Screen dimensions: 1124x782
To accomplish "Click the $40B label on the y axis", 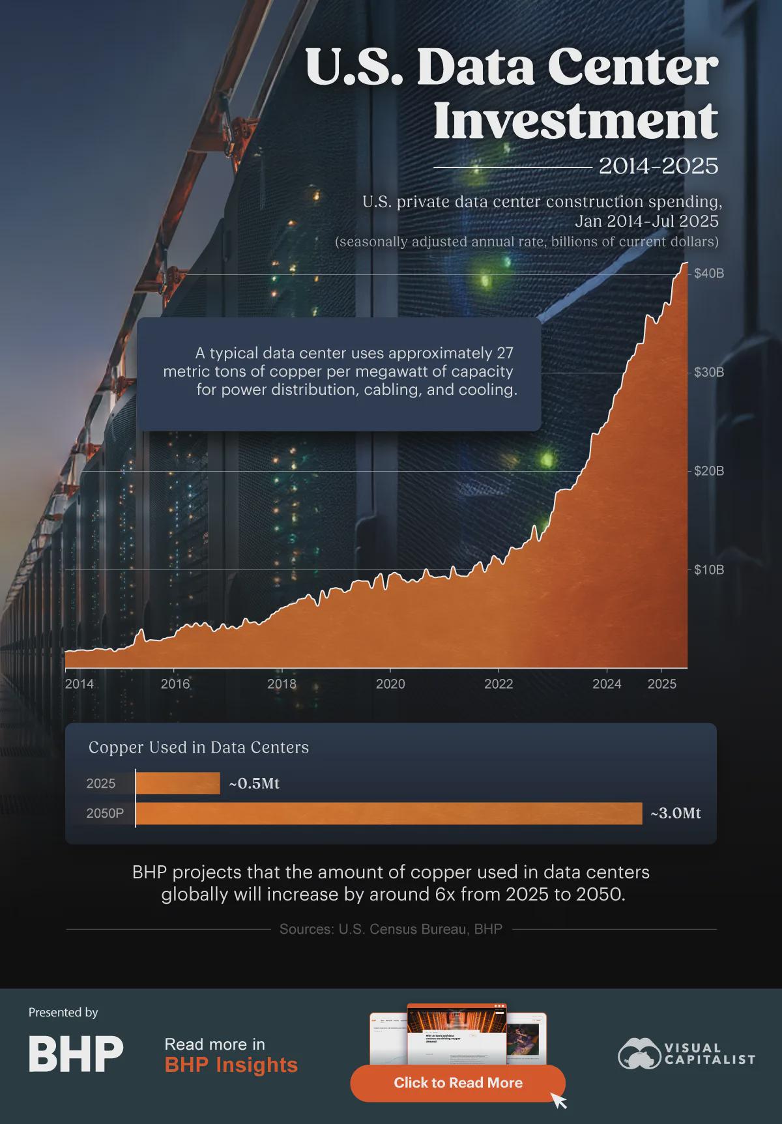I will tap(708, 274).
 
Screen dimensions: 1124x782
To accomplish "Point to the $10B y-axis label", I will tap(708, 570).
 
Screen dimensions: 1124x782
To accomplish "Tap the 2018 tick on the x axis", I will tap(282, 684).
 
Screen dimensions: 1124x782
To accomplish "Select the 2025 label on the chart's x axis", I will tap(662, 684).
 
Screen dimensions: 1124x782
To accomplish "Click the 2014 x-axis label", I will tap(79, 684).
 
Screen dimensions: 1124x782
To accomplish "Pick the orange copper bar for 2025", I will tap(178, 783).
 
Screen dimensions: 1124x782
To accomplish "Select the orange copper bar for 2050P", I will tap(388, 813).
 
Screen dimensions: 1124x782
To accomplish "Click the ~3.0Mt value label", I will tap(675, 813).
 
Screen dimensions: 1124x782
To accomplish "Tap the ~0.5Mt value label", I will tap(254, 783).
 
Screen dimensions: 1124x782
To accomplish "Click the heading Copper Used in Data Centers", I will tap(199, 747).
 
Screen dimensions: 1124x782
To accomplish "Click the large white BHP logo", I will tap(76, 1054).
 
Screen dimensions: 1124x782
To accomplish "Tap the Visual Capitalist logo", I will tap(686, 1054).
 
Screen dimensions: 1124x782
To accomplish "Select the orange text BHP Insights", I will tap(231, 1065).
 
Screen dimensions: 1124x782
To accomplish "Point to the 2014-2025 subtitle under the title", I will tap(658, 166).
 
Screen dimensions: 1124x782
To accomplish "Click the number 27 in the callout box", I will tap(504, 353).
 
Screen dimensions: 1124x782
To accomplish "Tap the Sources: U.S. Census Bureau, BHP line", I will tap(391, 929).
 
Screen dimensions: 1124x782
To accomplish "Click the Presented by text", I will tap(63, 1013).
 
